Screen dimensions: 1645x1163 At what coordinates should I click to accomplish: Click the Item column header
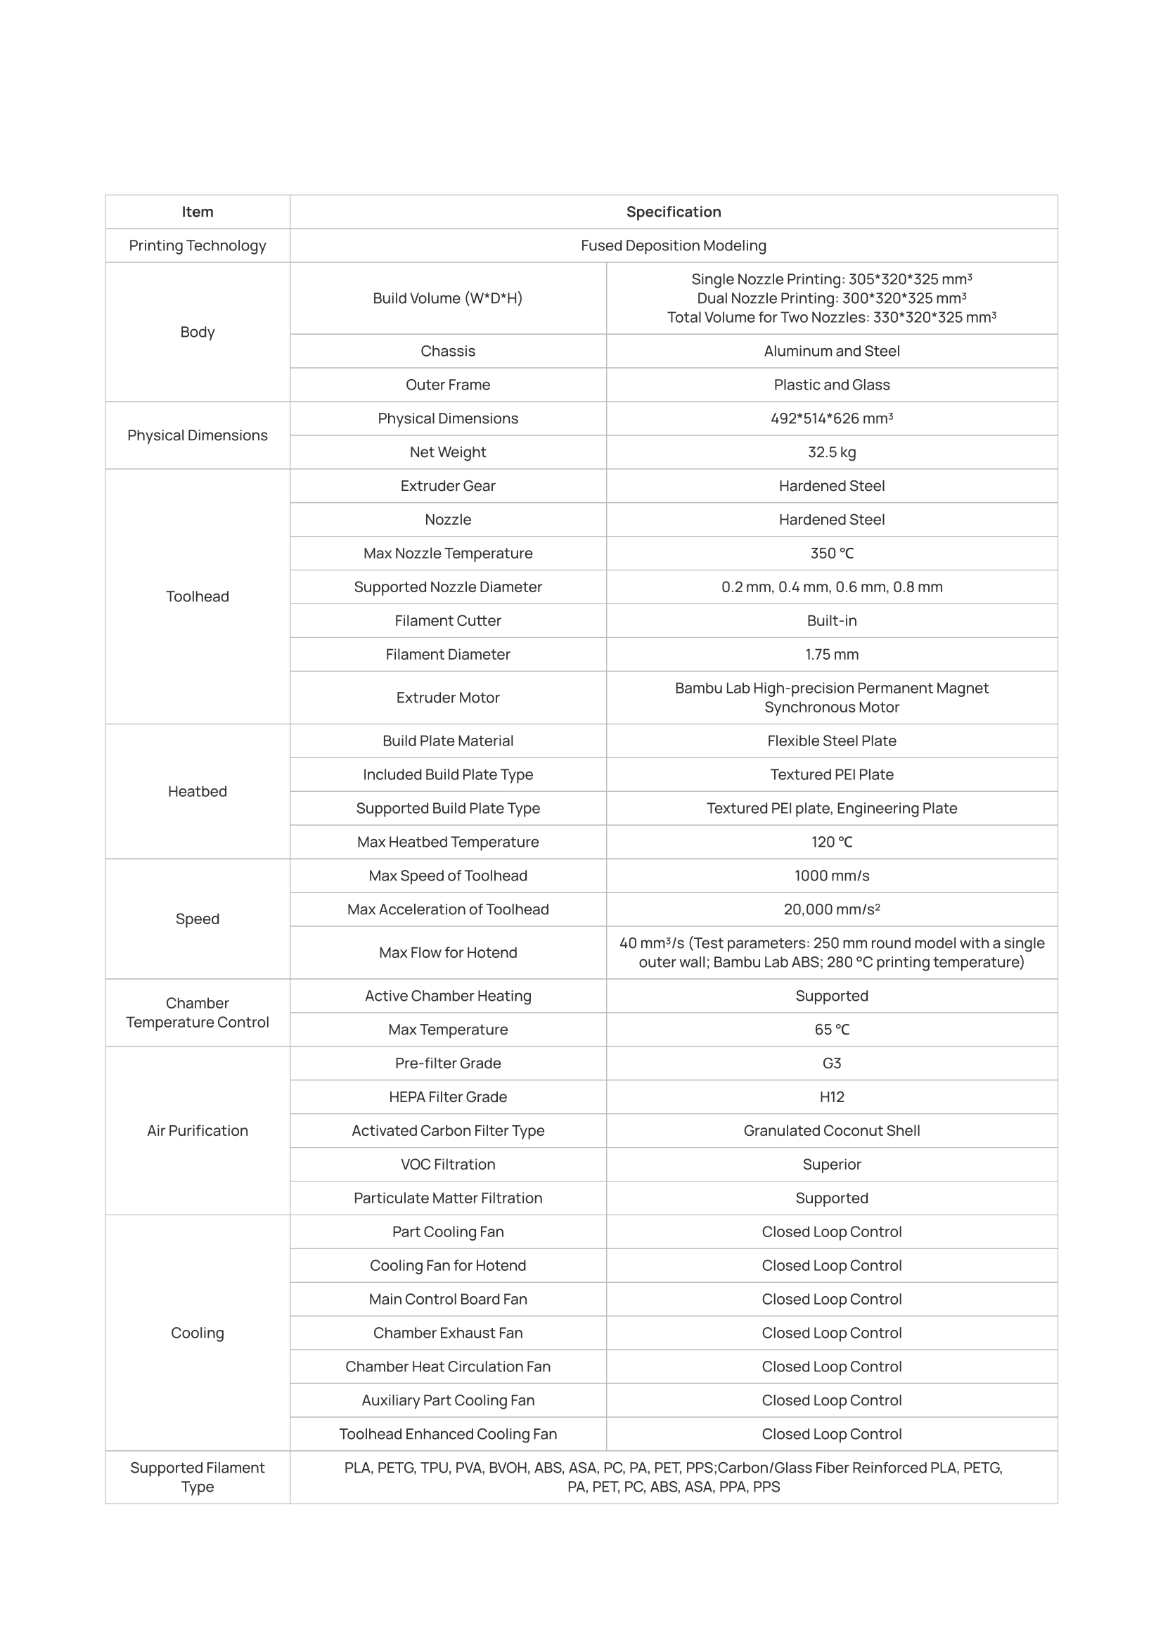pyautogui.click(x=197, y=212)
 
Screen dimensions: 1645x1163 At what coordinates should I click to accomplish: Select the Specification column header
pyautogui.click(x=673, y=212)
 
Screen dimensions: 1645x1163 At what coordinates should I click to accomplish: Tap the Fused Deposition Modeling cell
pyautogui.click(x=673, y=245)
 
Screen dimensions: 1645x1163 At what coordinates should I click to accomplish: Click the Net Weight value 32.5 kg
pyautogui.click(x=831, y=452)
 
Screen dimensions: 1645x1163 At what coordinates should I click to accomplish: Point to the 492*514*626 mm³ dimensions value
pyautogui.click(x=831, y=418)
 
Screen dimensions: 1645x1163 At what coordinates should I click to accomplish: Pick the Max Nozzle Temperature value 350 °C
pyautogui.click(x=831, y=553)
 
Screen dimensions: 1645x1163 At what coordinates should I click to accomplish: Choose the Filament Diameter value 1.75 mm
pyautogui.click(x=831, y=654)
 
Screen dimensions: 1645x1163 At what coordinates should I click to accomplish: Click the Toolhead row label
pyautogui.click(x=197, y=596)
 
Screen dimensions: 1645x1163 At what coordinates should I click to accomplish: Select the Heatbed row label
pyautogui.click(x=197, y=791)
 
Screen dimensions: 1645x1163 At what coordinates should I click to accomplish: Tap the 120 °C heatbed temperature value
pyautogui.click(x=831, y=842)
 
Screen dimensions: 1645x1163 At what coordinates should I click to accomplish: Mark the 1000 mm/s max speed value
pyautogui.click(x=831, y=876)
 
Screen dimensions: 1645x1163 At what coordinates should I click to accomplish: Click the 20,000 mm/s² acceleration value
pyautogui.click(x=831, y=909)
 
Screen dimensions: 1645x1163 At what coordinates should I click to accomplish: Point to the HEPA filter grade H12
pyautogui.click(x=831, y=1097)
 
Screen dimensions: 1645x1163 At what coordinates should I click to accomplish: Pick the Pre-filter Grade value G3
pyautogui.click(x=831, y=1063)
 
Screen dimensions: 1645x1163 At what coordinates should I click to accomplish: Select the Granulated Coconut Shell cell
pyautogui.click(x=831, y=1131)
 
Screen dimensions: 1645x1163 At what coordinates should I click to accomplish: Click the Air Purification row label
pyautogui.click(x=197, y=1131)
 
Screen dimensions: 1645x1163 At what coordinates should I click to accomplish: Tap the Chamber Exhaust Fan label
pyautogui.click(x=448, y=1333)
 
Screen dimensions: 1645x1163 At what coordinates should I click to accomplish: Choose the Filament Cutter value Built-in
pyautogui.click(x=831, y=620)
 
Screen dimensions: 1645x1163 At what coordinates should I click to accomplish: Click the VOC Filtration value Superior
pyautogui.click(x=831, y=1164)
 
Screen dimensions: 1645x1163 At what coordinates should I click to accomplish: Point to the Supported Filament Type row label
pyautogui.click(x=197, y=1477)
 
